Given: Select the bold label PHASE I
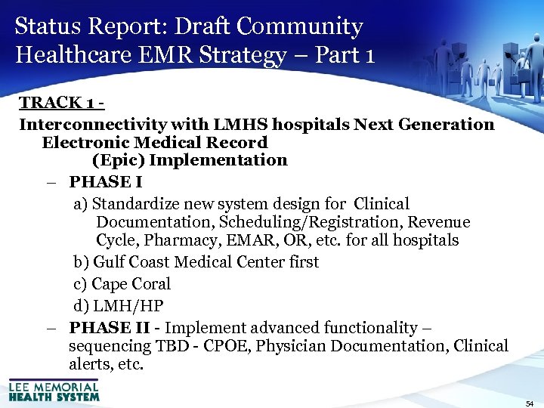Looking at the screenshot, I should point(105,182).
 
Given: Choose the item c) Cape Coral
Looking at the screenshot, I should point(122,284).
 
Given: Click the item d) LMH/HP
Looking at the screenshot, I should point(119,306).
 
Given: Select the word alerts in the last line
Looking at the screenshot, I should point(90,364).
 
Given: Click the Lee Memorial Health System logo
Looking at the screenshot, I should point(54,389).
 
